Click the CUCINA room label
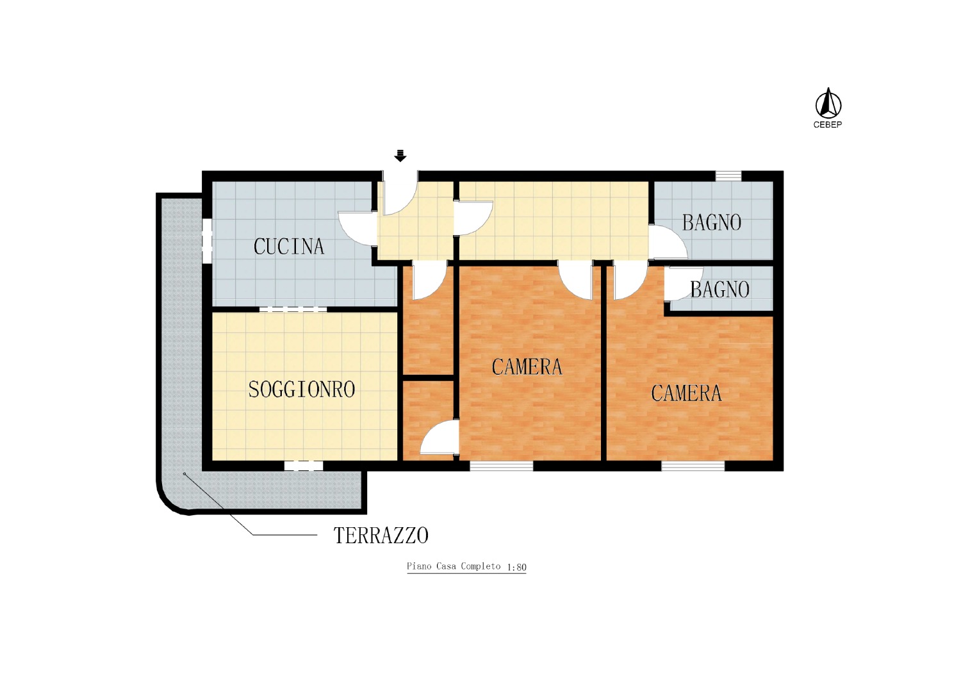[x=289, y=246]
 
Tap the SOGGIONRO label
[x=302, y=389]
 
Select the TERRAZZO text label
[x=381, y=536]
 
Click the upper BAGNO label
[x=712, y=223]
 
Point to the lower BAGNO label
[x=720, y=290]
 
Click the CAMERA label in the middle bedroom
[x=527, y=367]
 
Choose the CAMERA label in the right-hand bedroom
[x=686, y=393]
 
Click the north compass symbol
[x=828, y=103]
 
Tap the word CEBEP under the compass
[x=828, y=125]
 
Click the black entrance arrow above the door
[x=400, y=156]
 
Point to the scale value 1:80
[x=516, y=568]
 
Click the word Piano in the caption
[x=419, y=566]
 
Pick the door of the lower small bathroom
[x=684, y=284]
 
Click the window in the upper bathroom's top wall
[x=728, y=176]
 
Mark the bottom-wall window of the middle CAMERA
[x=502, y=466]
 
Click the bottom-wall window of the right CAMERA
[x=693, y=466]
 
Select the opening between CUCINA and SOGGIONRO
[x=293, y=309]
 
